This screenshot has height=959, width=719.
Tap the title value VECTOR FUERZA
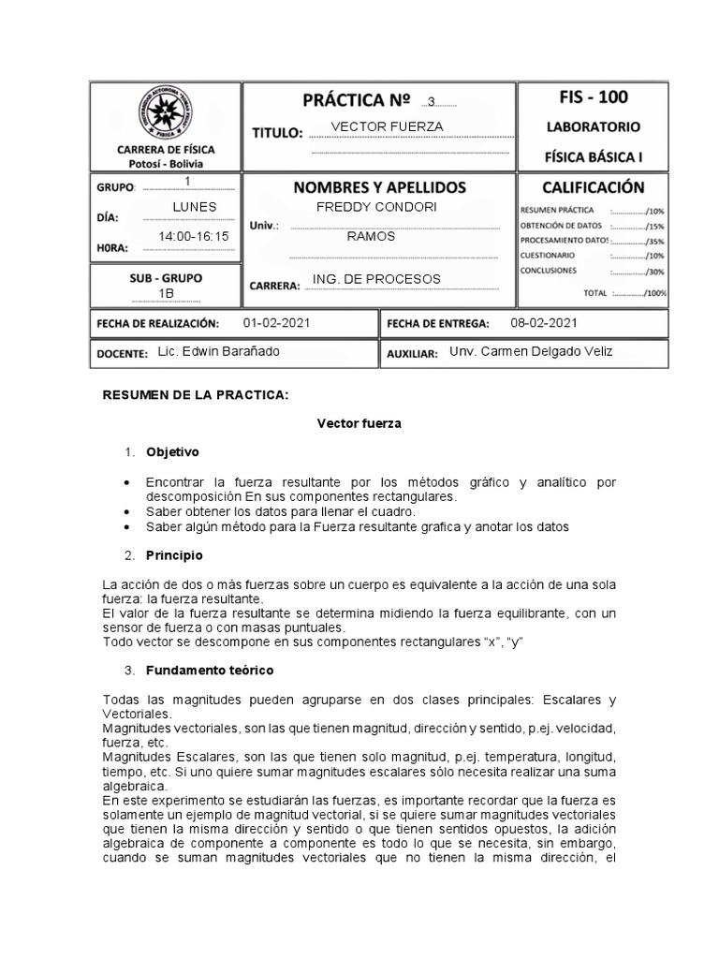388,126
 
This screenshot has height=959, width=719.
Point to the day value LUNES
195,206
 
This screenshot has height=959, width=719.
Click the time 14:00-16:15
195,237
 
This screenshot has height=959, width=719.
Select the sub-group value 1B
166,294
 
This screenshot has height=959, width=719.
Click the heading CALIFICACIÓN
593,187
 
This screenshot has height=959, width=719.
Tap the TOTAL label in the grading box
595,293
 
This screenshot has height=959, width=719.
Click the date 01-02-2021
275,322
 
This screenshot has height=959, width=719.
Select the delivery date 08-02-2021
544,322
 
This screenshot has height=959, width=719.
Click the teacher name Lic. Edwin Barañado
218,351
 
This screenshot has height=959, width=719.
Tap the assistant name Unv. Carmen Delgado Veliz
532,351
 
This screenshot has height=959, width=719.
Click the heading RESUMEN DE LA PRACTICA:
195,396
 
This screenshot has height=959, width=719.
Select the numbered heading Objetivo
172,452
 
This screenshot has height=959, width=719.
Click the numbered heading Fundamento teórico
209,671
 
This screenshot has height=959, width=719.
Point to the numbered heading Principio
174,555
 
